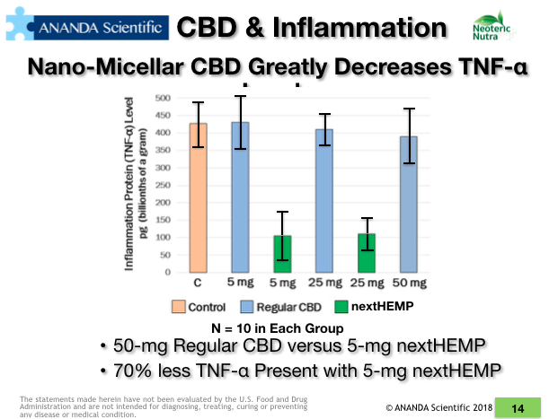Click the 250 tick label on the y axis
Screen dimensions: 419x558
pyautogui.click(x=163, y=185)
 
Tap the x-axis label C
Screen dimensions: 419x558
pyautogui.click(x=198, y=284)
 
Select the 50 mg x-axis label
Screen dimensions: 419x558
pyautogui.click(x=409, y=284)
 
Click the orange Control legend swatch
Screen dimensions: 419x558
pyautogui.click(x=178, y=307)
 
